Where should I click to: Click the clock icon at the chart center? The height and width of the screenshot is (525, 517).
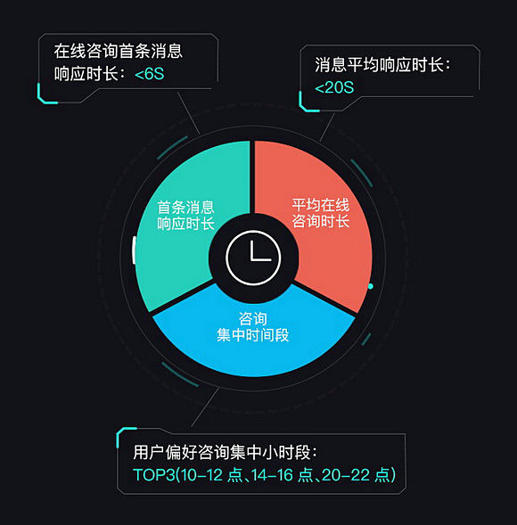pos(253,258)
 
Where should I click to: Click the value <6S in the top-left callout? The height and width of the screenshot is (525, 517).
pos(150,74)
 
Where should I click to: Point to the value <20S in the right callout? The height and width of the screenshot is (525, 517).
pos(334,87)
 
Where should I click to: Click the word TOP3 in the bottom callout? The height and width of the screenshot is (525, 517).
pos(153,475)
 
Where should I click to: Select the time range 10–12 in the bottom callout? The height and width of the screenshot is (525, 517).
pos(201,475)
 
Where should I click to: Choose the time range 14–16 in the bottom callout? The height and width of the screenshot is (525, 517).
pos(272,475)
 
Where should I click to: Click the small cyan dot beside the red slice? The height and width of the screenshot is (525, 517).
pos(371,286)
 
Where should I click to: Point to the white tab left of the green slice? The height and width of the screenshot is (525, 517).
pos(134,250)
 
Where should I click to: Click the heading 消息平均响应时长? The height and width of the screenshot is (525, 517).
pos(379,64)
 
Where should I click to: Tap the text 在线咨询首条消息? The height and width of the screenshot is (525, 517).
pos(119,51)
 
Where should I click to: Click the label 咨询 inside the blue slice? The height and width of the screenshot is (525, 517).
pos(253,319)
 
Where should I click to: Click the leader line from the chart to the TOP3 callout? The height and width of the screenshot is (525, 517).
pos(205,406)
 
